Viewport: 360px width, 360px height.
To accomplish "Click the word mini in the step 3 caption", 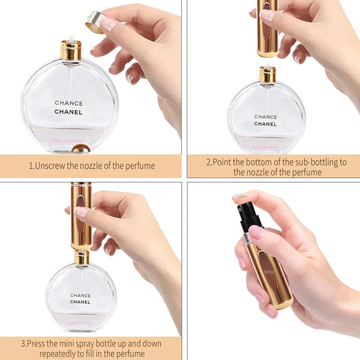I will pyautogui.click(x=80, y=342).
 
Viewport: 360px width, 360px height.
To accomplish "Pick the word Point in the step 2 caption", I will pyautogui.click(x=225, y=162).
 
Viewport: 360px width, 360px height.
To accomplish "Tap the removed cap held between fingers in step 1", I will pyautogui.click(x=94, y=23).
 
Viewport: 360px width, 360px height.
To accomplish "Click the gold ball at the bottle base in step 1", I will pyautogui.click(x=80, y=147).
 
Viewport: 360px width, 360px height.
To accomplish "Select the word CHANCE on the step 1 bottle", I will pyautogui.click(x=69, y=103).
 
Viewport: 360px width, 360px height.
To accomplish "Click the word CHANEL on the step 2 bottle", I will pyautogui.click(x=265, y=124).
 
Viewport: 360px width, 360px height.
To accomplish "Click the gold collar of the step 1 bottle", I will pyautogui.click(x=71, y=50).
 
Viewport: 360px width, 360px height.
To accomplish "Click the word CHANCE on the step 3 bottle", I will pyautogui.click(x=80, y=295).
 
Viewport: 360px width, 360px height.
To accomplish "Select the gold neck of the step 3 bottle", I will pyautogui.click(x=81, y=257).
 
